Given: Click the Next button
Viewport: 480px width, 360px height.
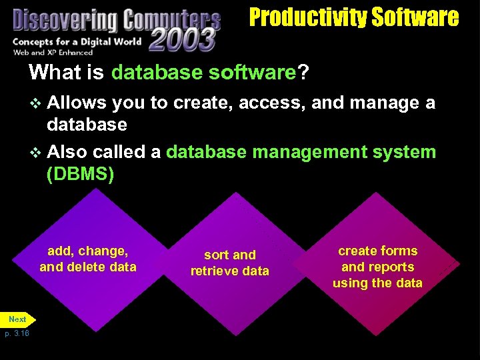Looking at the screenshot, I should coord(17,319).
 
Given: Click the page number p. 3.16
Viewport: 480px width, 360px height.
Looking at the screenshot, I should coord(17,333).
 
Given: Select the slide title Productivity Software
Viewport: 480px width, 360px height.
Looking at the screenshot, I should coord(354,17).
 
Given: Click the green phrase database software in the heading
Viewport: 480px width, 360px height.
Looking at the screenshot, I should coord(203,72).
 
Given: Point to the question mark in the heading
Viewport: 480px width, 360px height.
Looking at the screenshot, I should coord(303,72).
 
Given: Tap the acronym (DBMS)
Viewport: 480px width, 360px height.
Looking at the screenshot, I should coord(80,174).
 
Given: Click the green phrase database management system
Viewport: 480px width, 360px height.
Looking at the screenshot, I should coord(301,152).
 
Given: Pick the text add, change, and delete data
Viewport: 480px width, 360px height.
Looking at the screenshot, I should coord(87,259).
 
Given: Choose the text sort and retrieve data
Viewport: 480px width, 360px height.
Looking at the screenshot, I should coord(230,263).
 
